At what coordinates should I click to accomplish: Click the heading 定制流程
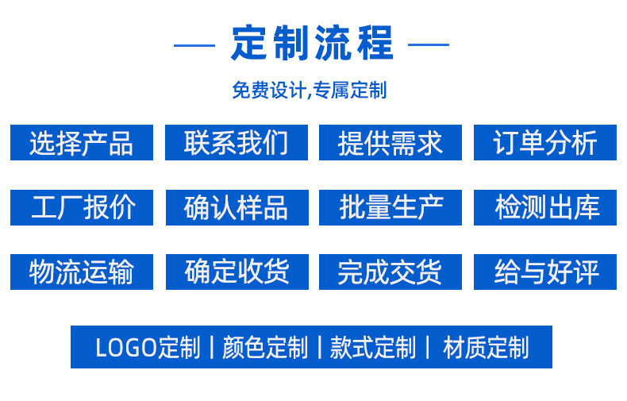(x=312, y=44)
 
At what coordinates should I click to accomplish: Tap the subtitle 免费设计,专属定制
(x=309, y=90)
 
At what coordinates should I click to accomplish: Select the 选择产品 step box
(x=81, y=143)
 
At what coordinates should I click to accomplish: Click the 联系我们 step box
(x=236, y=143)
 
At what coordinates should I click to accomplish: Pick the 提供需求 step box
(x=390, y=143)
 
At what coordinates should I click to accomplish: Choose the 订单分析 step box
(x=544, y=143)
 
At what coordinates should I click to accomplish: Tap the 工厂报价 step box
(x=81, y=207)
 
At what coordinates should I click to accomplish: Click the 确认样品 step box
(x=236, y=207)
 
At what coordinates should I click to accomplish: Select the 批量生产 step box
(x=390, y=207)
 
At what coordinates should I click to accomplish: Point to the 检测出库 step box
(x=544, y=207)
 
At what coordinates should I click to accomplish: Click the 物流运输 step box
(x=81, y=272)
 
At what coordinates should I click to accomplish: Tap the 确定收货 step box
(x=236, y=272)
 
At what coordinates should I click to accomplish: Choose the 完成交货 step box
(x=390, y=272)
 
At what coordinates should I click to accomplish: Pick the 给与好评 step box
(x=544, y=272)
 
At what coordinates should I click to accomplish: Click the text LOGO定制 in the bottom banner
(x=148, y=348)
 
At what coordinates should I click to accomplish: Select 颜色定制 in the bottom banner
(x=264, y=348)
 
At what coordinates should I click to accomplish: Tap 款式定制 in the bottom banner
(x=372, y=348)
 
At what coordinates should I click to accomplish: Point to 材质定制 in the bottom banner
(x=485, y=348)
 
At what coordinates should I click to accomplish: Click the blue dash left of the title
(x=194, y=44)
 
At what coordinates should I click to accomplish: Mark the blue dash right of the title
(x=429, y=44)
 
